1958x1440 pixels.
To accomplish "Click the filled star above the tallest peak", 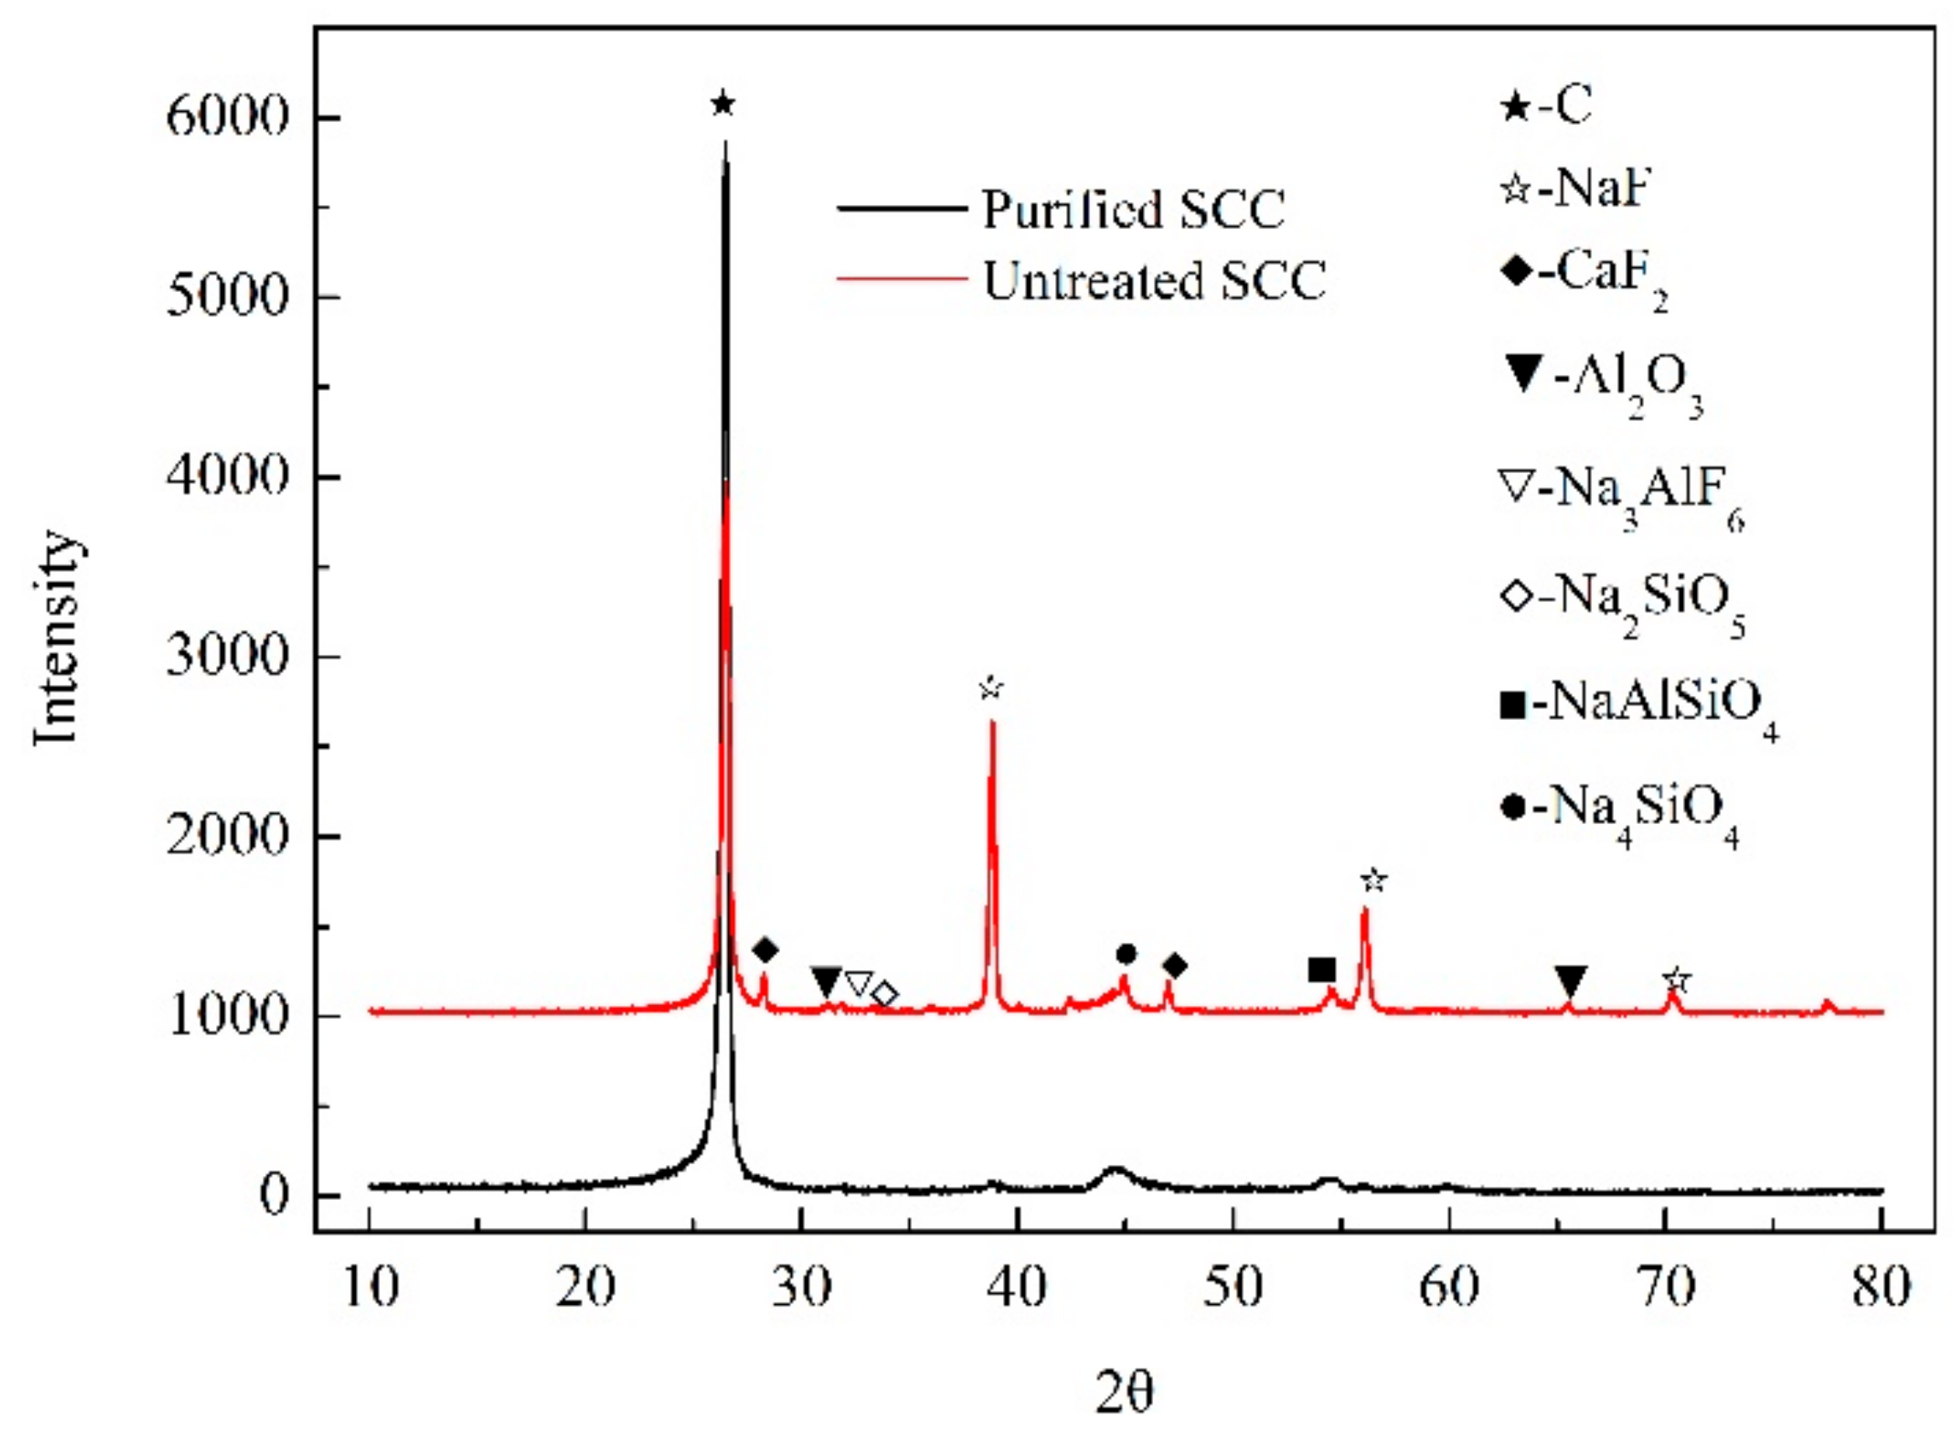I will point(723,105).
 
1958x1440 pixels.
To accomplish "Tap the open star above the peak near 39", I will point(991,687).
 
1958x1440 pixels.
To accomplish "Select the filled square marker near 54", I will point(1322,970).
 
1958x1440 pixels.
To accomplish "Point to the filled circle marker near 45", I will point(1127,955).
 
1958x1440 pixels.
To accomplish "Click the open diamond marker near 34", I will point(885,993).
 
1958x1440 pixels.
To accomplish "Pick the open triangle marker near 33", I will point(859,984).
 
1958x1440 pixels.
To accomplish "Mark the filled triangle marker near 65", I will point(1571,982).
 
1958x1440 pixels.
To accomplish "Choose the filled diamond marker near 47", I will point(1175,965).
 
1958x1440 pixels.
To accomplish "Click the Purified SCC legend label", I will point(1134,209).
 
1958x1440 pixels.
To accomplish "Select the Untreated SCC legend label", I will point(1155,280).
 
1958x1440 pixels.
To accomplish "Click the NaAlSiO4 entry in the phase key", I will point(1639,706).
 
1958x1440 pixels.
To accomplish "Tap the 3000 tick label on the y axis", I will point(227,656).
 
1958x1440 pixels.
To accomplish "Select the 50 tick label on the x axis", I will point(1233,1288).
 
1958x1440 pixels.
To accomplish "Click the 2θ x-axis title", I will point(1124,1393).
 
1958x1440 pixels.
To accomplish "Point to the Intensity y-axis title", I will point(57,637).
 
